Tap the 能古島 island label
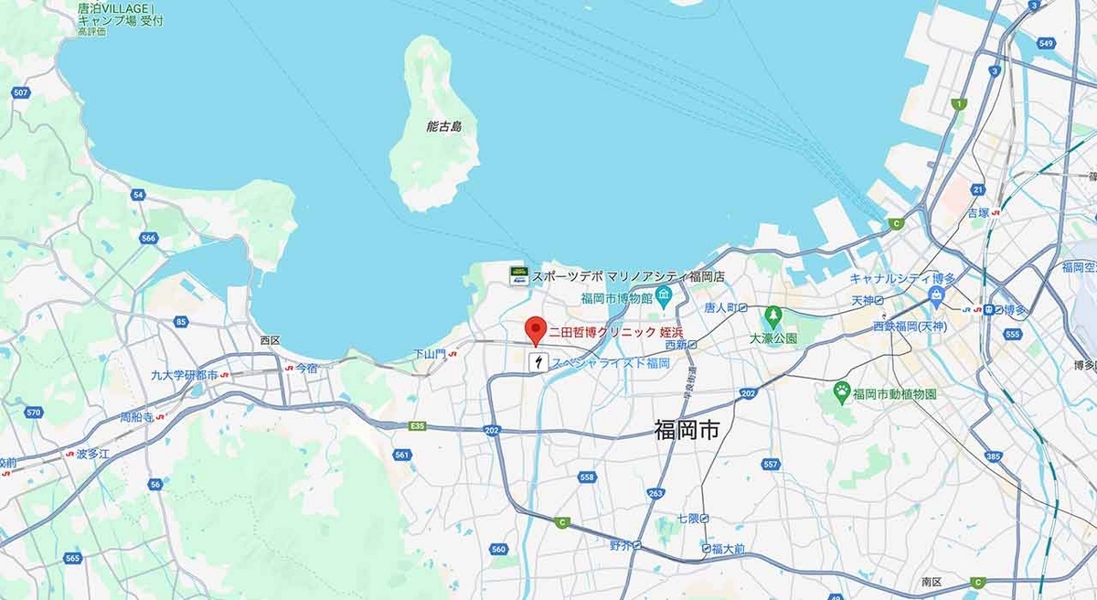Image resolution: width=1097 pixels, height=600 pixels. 444,126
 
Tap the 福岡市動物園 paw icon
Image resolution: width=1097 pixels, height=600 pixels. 841,391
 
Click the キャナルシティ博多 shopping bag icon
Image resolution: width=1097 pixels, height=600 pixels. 935,295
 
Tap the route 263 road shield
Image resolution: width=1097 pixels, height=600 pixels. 655,494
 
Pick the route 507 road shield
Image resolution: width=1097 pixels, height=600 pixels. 22,92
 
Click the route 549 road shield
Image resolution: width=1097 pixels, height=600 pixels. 1047,43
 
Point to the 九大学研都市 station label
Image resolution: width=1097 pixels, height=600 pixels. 185,375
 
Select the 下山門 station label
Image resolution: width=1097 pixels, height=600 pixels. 428,352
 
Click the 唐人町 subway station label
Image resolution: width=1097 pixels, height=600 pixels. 720,307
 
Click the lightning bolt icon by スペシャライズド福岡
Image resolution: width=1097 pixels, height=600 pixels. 539,363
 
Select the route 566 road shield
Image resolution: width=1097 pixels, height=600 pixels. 149,239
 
